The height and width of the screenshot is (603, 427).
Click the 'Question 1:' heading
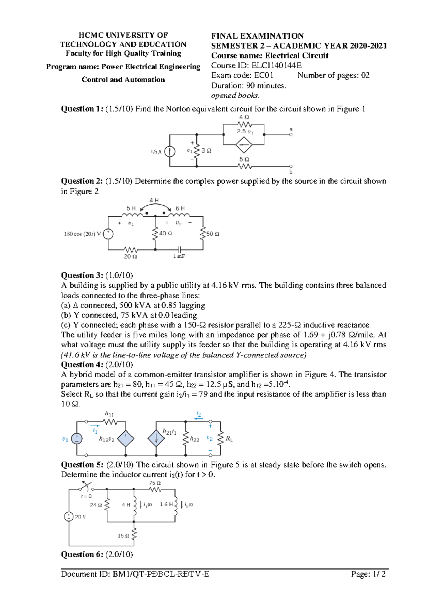tap(82, 109)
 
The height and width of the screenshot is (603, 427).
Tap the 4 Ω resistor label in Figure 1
tap(244, 117)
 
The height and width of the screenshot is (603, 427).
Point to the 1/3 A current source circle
tap(170, 152)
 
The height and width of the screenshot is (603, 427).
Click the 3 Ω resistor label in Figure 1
tap(206, 150)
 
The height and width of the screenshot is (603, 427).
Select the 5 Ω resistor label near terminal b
tap(244, 159)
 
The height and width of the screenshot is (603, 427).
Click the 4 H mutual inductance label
tap(154, 201)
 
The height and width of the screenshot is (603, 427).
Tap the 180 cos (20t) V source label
tap(83, 234)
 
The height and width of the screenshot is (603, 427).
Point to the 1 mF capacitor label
tap(179, 256)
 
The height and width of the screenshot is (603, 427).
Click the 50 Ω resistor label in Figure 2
tap(213, 234)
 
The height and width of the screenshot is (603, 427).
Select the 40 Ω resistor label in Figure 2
tap(165, 234)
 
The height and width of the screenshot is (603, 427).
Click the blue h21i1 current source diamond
tap(156, 438)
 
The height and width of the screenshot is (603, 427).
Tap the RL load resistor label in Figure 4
tap(230, 439)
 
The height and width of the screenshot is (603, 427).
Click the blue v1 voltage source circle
tap(77, 439)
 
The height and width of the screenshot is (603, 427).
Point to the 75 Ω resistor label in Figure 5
tap(155, 483)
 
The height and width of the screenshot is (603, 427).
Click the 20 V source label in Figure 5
tap(80, 517)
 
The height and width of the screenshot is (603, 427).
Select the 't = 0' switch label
tap(86, 496)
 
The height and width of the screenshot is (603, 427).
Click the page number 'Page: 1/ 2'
tap(368, 574)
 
